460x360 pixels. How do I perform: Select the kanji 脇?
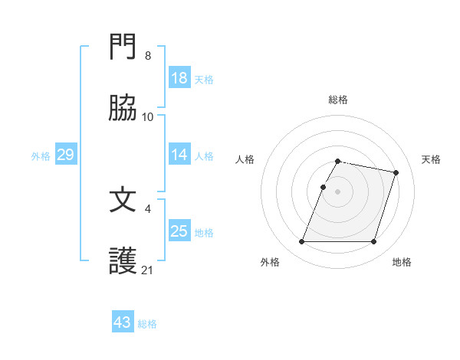123,110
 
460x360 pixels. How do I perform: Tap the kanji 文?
123,201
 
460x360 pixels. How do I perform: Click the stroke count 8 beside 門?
147,56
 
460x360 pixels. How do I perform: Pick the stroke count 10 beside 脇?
147,117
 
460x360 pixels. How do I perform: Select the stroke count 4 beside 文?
147,208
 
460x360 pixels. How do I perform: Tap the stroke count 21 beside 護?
147,270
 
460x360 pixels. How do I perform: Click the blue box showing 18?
179,78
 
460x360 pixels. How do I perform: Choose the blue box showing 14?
179,155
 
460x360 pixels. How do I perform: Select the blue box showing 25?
179,231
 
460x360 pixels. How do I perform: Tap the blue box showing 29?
65,155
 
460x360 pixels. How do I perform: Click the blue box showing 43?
123,322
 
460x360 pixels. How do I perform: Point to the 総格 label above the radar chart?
338,100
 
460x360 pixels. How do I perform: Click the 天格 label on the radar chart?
431,159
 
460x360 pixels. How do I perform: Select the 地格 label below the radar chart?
402,262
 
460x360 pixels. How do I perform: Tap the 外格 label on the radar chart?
270,262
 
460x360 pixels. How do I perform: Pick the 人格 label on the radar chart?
245,159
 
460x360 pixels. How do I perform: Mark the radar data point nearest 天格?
396,173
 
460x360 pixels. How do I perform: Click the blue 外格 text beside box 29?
41,156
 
